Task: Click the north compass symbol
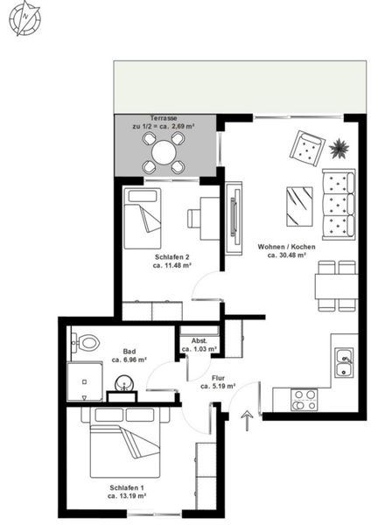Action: click(24, 17)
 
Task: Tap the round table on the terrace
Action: click(164, 152)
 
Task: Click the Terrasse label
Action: click(164, 118)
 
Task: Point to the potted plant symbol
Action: click(339, 148)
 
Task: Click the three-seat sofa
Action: click(339, 205)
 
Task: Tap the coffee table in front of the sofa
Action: click(299, 206)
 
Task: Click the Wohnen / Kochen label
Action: click(287, 247)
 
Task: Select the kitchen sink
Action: click(344, 362)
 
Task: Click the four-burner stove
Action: click(304, 400)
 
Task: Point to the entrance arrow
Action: click(247, 420)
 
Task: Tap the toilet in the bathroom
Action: click(86, 342)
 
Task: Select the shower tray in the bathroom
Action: click(85, 381)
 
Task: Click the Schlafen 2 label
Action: click(172, 257)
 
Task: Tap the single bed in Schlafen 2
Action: click(143, 218)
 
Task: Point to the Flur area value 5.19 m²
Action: click(218, 387)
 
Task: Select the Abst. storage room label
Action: click(199, 341)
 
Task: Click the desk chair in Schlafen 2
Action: click(194, 219)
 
